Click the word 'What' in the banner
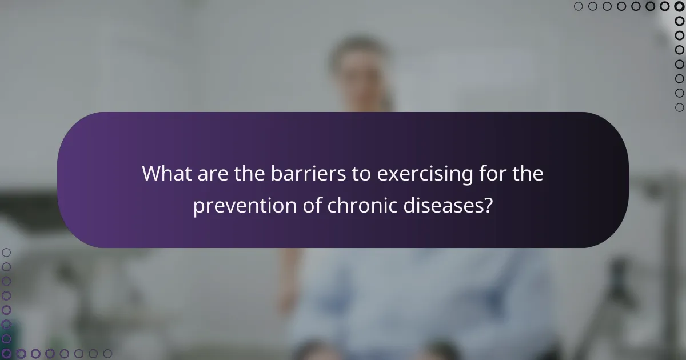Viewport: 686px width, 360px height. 167,173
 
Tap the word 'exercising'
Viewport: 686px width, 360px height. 420,173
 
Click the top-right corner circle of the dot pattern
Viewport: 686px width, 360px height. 679,6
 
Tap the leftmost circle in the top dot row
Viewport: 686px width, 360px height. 578,6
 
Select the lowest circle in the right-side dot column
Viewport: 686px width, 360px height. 679,107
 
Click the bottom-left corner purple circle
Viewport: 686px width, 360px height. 6,354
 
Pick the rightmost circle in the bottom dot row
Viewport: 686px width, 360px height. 107,354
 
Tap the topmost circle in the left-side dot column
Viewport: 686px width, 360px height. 6,252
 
